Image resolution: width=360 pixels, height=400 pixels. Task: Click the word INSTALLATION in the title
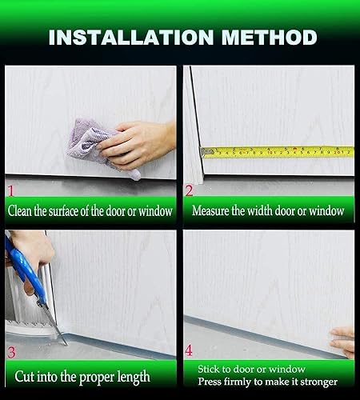point(131,37)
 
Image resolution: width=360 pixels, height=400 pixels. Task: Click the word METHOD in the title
point(270,37)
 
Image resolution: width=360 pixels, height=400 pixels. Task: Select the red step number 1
point(11,191)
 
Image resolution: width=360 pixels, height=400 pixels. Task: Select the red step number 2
point(189,191)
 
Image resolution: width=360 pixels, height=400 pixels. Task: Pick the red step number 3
point(11,352)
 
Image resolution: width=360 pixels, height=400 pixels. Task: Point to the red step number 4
point(189,350)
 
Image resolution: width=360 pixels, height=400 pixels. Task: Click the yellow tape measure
point(278,152)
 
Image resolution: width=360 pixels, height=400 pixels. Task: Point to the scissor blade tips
point(64,342)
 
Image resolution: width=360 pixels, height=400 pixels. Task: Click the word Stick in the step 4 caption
point(209,369)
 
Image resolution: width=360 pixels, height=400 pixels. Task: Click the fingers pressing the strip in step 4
point(342,342)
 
